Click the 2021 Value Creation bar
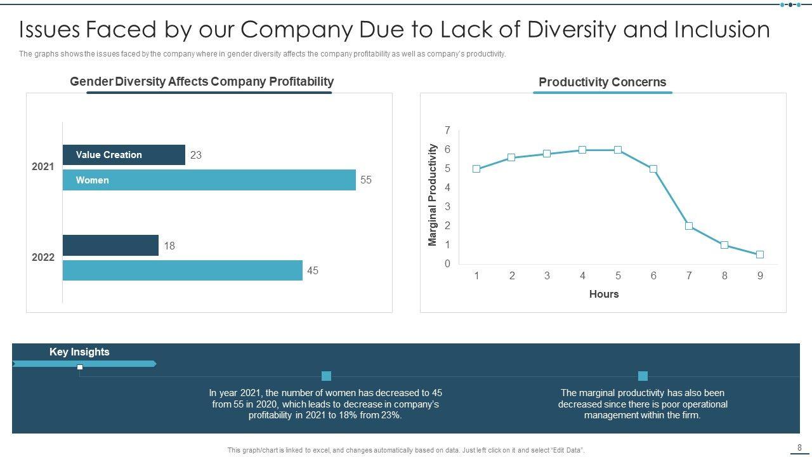(x=124, y=155)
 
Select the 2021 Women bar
(x=209, y=180)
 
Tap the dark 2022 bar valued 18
(x=110, y=246)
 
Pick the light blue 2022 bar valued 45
(x=182, y=270)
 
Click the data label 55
(x=366, y=180)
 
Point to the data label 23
(x=196, y=155)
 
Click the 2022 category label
(x=43, y=258)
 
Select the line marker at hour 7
(x=689, y=226)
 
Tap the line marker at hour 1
(x=476, y=169)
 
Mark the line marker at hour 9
(x=760, y=255)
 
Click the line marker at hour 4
(x=582, y=150)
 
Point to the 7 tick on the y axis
(x=447, y=131)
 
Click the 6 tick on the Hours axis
(x=653, y=275)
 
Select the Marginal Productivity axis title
(x=433, y=195)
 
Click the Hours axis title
(x=604, y=294)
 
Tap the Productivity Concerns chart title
(x=602, y=82)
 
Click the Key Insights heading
(x=79, y=352)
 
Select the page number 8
(x=799, y=447)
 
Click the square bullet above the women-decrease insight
(x=326, y=376)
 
